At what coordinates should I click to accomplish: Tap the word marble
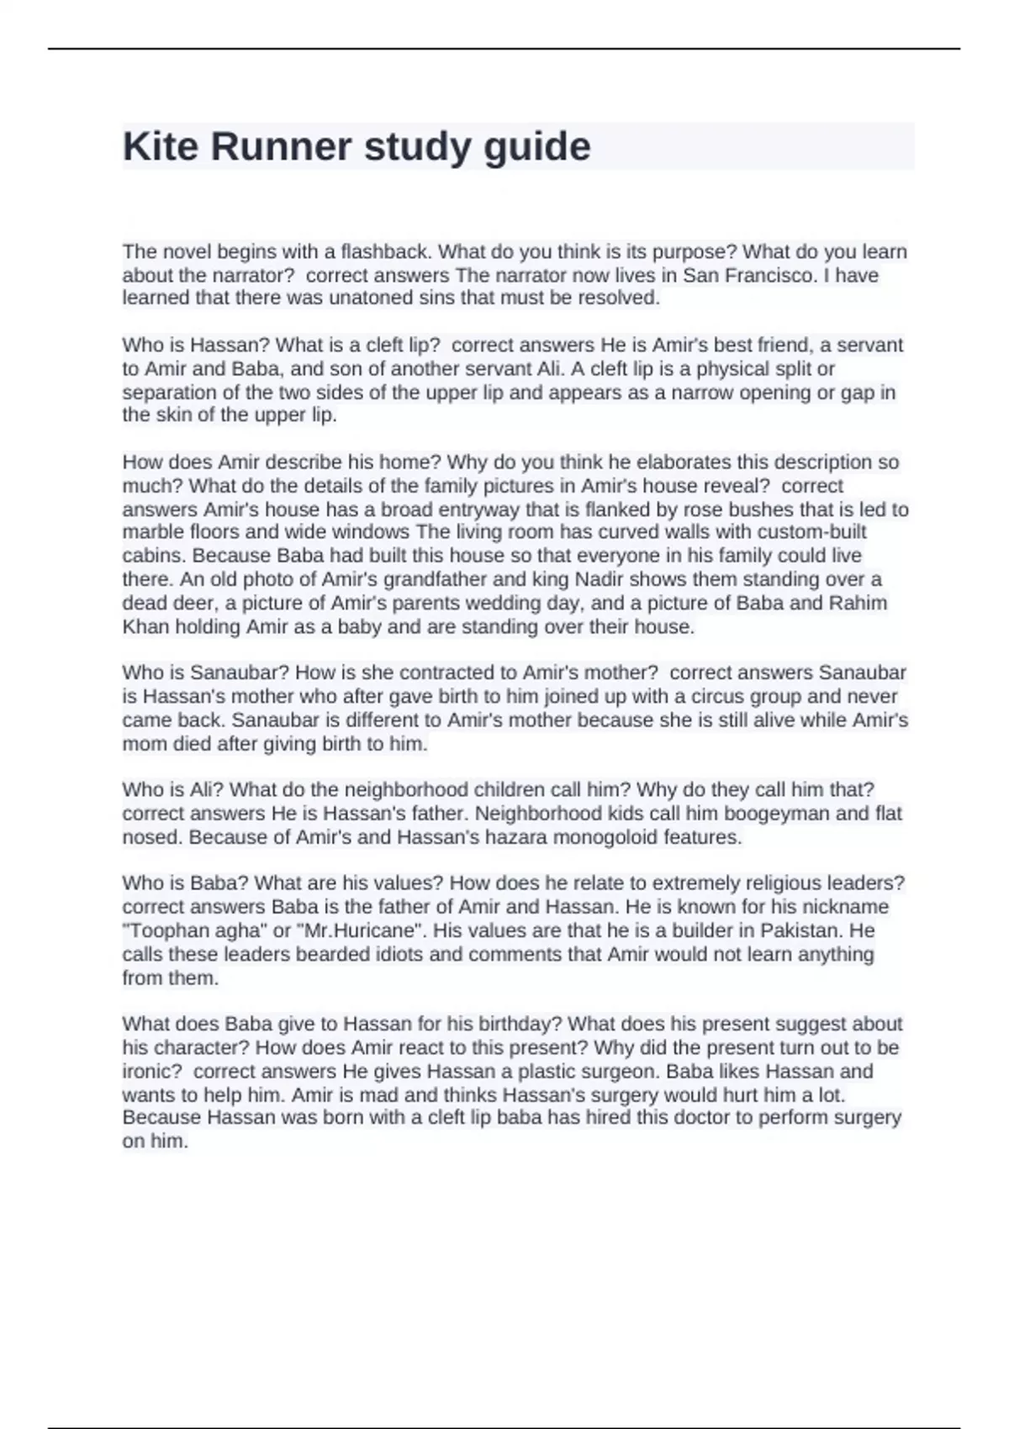point(146,532)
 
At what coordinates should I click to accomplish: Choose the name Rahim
point(858,603)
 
